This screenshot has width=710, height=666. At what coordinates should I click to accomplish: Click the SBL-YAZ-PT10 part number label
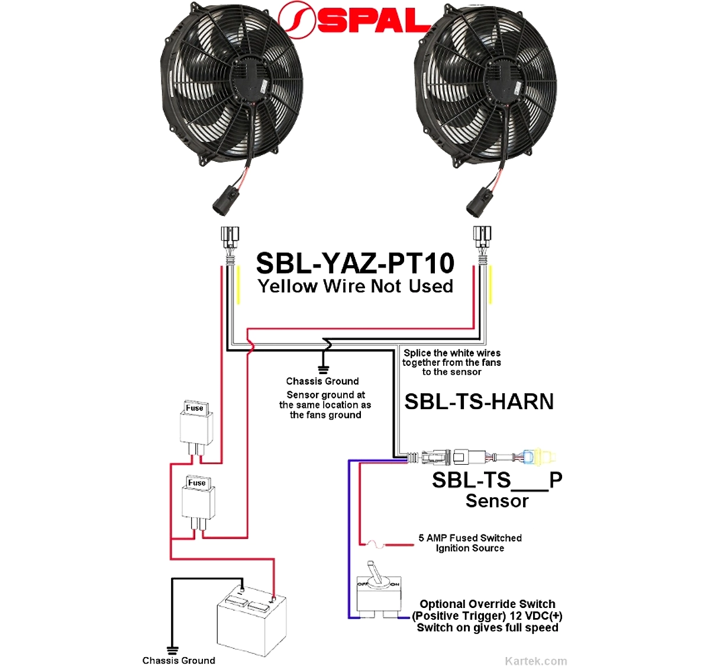[x=356, y=263]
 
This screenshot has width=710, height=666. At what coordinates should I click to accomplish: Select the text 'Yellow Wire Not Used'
[x=356, y=287]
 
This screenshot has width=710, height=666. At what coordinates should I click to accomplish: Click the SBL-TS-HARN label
[x=479, y=401]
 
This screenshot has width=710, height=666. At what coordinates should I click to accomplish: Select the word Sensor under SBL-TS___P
[x=497, y=501]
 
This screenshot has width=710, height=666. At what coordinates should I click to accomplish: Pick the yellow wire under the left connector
[x=238, y=285]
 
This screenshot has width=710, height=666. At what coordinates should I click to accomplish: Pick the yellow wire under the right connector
[x=490, y=285]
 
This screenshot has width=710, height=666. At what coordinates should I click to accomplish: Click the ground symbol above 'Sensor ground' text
[x=323, y=369]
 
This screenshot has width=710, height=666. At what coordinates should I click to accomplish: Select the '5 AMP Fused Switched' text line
[x=470, y=538]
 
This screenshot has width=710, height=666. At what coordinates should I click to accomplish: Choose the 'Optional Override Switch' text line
[x=488, y=604]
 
